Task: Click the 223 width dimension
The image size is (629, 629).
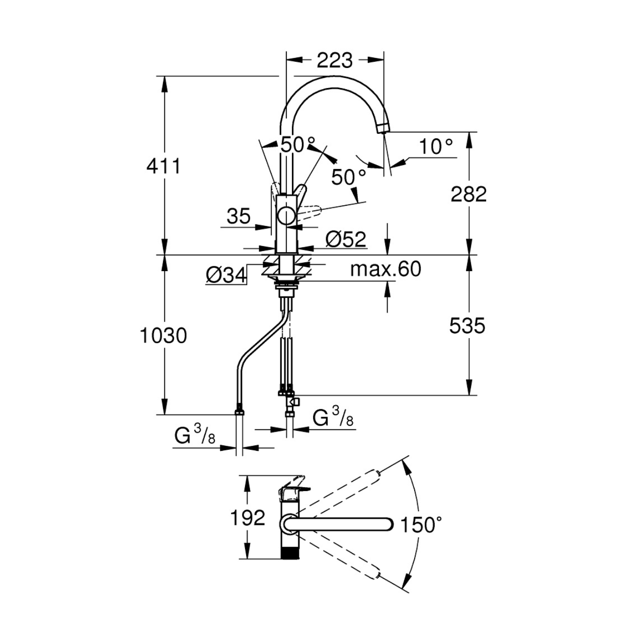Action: click(335, 60)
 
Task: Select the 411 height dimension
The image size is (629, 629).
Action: click(163, 166)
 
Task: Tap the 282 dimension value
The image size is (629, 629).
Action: click(468, 194)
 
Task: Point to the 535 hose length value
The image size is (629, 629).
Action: click(467, 326)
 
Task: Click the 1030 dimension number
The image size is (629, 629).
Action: click(163, 335)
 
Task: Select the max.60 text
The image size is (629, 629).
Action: click(385, 269)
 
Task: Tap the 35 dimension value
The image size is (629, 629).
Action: click(239, 216)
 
